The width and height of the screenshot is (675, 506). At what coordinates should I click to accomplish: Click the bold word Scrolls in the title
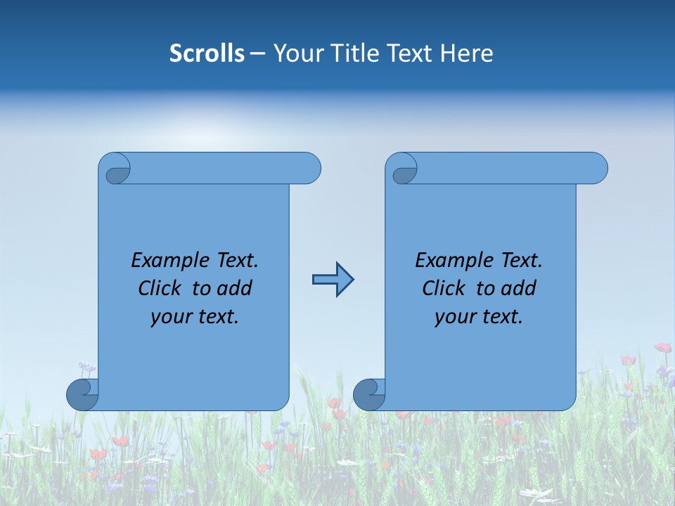pos(207,53)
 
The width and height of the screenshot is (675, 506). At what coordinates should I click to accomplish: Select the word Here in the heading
pos(466,53)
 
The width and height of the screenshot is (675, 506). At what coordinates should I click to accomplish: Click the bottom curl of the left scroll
pos(82,394)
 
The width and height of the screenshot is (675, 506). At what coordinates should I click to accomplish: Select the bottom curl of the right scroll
pos(369,394)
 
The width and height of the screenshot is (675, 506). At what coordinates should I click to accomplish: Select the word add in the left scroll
pos(235,288)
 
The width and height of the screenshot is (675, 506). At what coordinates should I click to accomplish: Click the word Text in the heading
pos(409,53)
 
